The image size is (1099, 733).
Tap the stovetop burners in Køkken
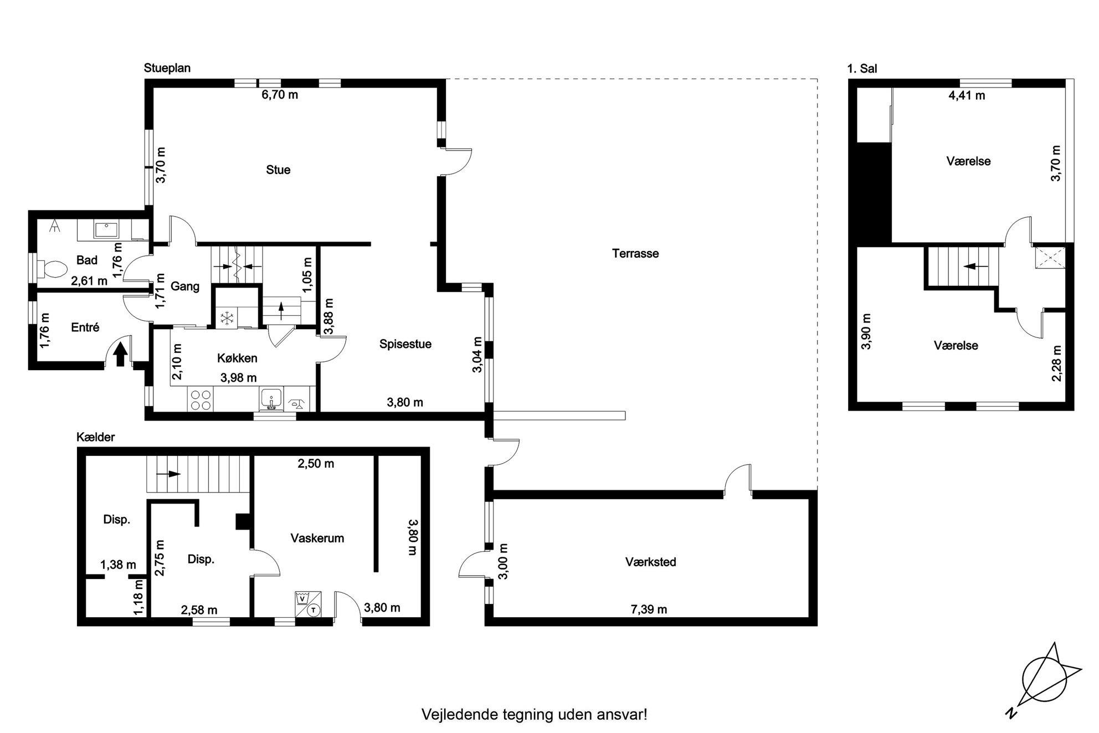[x=201, y=400]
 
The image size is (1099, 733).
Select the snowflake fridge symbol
[x=226, y=318]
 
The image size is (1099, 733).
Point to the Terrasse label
[x=635, y=254]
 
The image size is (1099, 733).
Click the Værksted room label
[x=651, y=562]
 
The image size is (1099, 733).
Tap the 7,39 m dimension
[x=649, y=609]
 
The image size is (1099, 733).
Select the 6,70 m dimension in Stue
[x=280, y=95]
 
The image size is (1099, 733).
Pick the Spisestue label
[x=405, y=344]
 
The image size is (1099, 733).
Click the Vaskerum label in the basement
[x=317, y=538]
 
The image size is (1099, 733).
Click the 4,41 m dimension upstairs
[x=967, y=95]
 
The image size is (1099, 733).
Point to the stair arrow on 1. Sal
[x=976, y=266]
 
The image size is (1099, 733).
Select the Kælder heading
[x=96, y=437]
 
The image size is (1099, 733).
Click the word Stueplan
[x=167, y=68]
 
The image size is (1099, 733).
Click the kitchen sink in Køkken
[x=271, y=399]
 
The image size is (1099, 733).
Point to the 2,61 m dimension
[x=89, y=281]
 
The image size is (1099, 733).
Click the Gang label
[x=185, y=286]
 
